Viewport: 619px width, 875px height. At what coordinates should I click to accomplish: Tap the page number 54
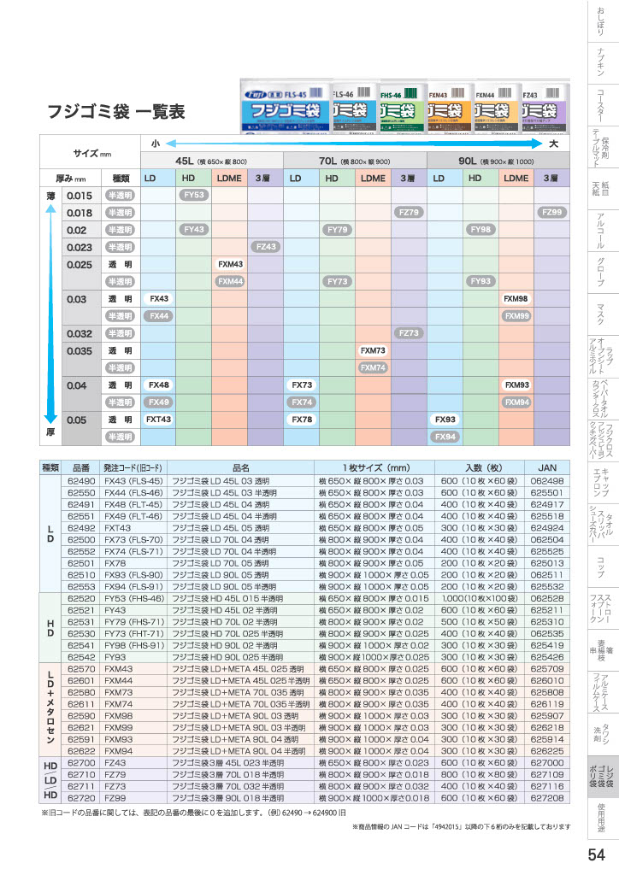[598, 855]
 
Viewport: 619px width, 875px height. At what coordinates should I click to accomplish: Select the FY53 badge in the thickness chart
[194, 195]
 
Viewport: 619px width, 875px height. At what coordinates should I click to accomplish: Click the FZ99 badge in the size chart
[552, 212]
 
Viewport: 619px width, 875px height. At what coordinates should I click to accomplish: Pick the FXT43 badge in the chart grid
[158, 420]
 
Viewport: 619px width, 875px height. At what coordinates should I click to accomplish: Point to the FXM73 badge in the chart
[373, 350]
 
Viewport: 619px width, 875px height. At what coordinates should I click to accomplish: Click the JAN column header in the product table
[546, 467]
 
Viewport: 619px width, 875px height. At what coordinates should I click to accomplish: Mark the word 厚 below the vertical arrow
[50, 433]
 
